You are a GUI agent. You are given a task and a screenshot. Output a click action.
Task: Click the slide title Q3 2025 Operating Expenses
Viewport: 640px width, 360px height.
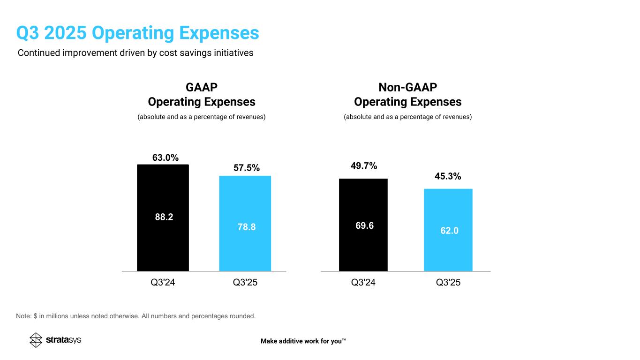pos(137,33)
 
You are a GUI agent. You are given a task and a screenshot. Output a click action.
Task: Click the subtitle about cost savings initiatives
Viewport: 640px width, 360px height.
pos(136,53)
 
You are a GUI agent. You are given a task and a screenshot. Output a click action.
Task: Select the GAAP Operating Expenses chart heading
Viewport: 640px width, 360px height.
pos(202,95)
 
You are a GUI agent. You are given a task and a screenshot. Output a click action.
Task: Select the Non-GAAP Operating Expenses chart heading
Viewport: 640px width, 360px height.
pos(407,95)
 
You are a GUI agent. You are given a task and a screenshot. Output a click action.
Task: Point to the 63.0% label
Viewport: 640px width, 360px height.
pos(166,157)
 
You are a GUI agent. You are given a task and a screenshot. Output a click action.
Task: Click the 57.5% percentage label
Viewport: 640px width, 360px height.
pos(246,168)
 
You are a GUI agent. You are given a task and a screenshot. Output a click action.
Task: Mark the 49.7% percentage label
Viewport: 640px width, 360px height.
pos(364,165)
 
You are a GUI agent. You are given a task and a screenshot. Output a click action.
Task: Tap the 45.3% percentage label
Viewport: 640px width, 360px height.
pos(448,176)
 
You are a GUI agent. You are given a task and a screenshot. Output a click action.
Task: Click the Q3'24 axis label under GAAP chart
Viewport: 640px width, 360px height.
pos(163,283)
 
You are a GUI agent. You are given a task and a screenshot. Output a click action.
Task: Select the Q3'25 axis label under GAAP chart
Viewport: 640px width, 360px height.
pos(245,283)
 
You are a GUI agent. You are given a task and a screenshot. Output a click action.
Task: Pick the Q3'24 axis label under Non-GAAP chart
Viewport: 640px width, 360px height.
pos(363,283)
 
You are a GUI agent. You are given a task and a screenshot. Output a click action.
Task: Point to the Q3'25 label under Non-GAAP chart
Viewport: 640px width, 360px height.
pos(448,283)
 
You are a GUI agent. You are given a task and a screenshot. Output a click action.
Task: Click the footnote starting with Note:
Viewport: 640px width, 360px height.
pos(136,316)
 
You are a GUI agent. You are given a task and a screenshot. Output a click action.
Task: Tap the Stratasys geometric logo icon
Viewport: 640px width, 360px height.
pos(36,340)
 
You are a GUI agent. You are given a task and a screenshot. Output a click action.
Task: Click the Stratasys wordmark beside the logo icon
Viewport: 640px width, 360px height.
pos(64,340)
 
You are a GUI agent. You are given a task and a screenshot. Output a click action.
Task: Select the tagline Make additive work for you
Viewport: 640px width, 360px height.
pos(303,341)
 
